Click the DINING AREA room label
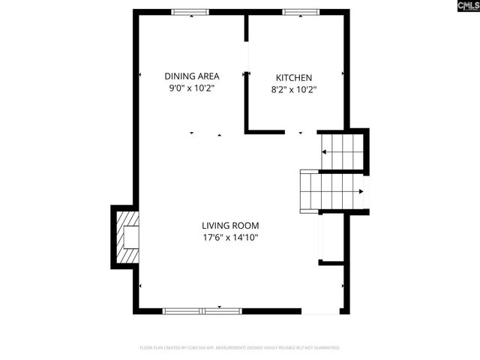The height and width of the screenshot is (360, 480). (x=191, y=76)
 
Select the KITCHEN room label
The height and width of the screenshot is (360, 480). (x=294, y=77)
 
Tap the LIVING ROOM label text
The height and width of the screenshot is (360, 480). (x=230, y=225)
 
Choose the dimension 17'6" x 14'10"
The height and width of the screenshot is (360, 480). (x=230, y=238)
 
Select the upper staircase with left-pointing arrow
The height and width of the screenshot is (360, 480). (x=343, y=151)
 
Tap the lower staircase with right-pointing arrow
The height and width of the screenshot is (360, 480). (x=332, y=191)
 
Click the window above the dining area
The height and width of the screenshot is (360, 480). (x=190, y=12)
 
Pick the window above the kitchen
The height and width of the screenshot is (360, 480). (x=301, y=12)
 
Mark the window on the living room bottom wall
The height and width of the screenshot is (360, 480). (x=202, y=310)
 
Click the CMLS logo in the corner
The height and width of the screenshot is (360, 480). (x=465, y=8)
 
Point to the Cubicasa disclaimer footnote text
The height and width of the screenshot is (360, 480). (x=240, y=348)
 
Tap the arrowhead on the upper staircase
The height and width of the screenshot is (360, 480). (x=325, y=151)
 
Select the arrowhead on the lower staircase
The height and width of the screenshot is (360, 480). (x=361, y=191)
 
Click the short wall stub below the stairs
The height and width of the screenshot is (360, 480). (x=331, y=262)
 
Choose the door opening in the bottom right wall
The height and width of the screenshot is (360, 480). (x=320, y=311)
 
